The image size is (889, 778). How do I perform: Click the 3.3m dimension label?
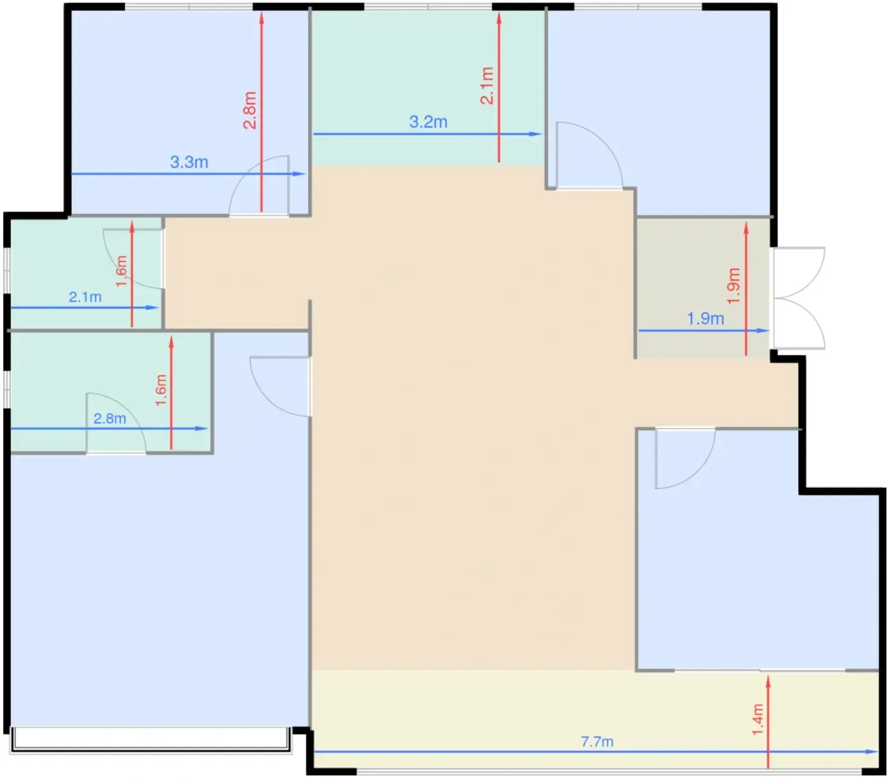tap(189, 162)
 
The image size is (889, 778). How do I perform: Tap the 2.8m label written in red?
tap(250, 110)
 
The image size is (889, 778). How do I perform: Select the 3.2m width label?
tap(428, 122)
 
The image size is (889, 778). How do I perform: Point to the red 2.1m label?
tap(487, 86)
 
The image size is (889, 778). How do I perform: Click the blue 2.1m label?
tap(85, 297)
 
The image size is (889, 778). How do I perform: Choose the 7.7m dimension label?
tap(597, 742)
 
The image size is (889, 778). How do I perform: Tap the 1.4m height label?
tap(758, 720)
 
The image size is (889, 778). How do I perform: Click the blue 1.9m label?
tap(705, 319)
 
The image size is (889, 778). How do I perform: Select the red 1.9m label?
tap(733, 286)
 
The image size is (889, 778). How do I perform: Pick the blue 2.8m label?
tap(110, 419)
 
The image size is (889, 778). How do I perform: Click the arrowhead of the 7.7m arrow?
tap(872, 751)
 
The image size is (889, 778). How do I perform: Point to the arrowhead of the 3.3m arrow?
tap(299, 174)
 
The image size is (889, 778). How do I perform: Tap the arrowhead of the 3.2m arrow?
tap(535, 134)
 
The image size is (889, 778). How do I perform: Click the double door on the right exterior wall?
tap(799, 298)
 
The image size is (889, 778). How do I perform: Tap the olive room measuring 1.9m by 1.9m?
tap(702, 288)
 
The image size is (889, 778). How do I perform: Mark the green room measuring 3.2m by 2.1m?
tap(428, 88)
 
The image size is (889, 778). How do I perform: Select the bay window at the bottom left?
tap(150, 740)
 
